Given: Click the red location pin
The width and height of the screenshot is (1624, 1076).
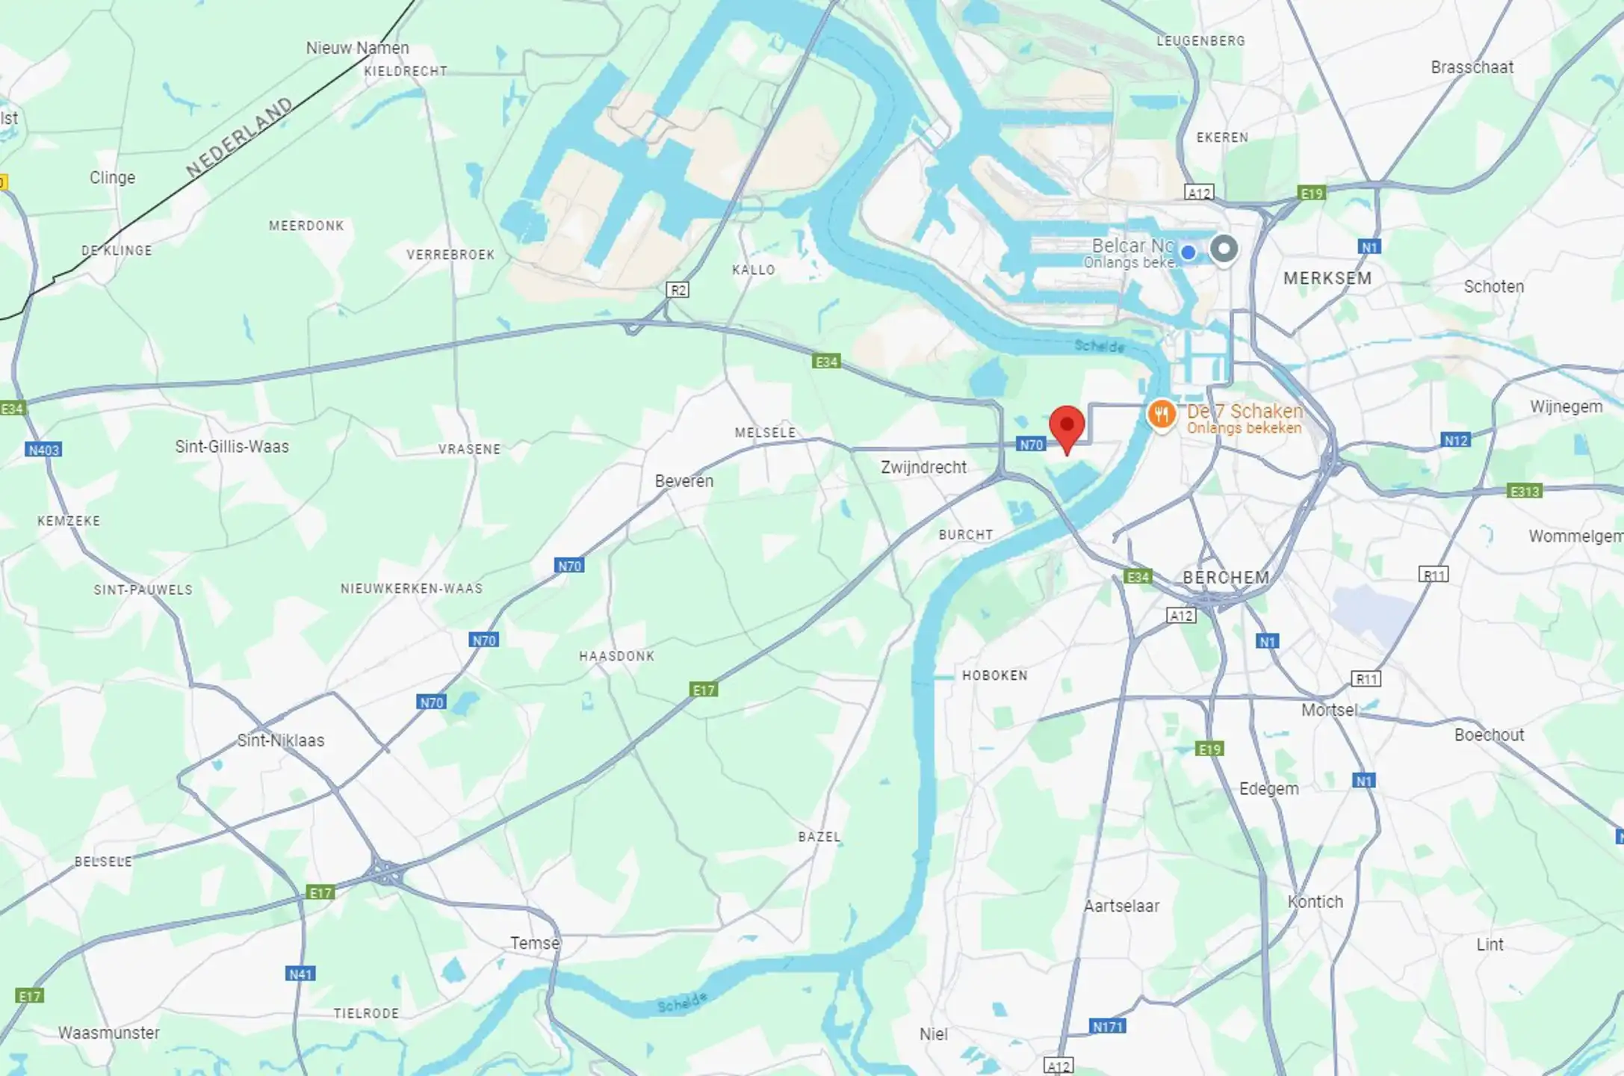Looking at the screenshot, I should click(x=1067, y=426).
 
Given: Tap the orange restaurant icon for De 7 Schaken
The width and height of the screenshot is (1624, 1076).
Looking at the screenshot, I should click(x=1162, y=414).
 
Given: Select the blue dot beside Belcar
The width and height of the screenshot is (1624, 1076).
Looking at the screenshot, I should click(x=1188, y=253).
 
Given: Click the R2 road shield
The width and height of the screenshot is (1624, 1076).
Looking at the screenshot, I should click(x=678, y=290).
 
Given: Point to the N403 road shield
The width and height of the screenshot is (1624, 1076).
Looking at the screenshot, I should click(x=43, y=450).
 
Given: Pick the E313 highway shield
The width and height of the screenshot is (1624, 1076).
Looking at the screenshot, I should click(x=1525, y=492).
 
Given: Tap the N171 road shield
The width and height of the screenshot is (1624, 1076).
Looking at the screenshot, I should click(x=1108, y=1027).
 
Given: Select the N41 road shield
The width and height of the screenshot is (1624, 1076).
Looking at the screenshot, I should click(x=300, y=974).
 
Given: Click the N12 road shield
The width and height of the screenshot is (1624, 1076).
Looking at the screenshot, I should click(x=1456, y=441).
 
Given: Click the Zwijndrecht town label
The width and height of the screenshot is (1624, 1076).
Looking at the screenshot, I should click(x=923, y=468).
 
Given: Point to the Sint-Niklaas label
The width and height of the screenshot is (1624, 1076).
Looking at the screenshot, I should click(x=281, y=740).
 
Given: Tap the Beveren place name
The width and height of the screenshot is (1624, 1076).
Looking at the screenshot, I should click(x=684, y=481).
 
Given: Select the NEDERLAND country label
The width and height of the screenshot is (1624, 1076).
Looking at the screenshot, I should click(x=239, y=137).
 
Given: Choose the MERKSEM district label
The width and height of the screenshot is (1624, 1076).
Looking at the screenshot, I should click(x=1327, y=279).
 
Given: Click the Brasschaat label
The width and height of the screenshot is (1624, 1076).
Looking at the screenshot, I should click(x=1472, y=67).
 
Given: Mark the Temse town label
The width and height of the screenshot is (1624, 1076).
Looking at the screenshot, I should click(x=535, y=943).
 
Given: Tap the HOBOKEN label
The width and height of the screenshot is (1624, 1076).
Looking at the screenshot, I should click(x=995, y=675).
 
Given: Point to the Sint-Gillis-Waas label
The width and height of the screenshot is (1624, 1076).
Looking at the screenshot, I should click(x=232, y=447).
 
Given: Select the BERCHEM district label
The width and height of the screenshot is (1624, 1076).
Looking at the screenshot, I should click(x=1226, y=578).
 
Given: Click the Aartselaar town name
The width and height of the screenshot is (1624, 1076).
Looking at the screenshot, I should click(x=1121, y=906).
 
